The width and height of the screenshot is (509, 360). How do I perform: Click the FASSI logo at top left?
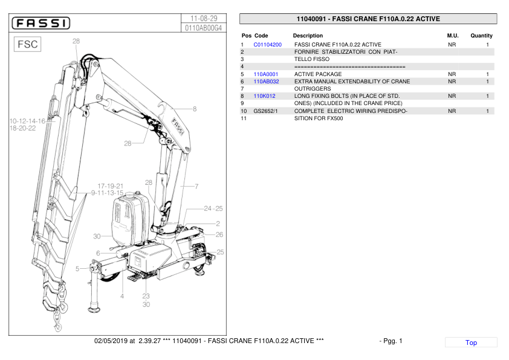coord(41,24)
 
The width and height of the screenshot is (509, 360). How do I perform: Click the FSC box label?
coord(28,45)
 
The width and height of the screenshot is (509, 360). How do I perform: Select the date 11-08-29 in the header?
coord(204,18)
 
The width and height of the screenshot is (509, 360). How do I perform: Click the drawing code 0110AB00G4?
coord(204,28)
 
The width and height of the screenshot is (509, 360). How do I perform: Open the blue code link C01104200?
coord(267,45)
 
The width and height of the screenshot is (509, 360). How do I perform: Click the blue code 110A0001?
coord(265,74)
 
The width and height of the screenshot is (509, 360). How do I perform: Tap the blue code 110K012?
coord(264,96)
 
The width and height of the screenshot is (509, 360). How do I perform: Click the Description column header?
coord(308,36)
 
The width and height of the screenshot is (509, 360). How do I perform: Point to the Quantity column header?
coord(481,36)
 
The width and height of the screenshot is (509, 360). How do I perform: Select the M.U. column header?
coord(452,36)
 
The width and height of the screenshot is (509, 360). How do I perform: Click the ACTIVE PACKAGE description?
coord(318,74)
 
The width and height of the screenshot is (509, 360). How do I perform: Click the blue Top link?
coord(471,342)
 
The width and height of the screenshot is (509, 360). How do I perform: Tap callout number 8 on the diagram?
coord(194,109)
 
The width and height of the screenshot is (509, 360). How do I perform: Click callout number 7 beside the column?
coord(196,186)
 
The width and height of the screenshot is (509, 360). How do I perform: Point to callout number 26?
coord(219,234)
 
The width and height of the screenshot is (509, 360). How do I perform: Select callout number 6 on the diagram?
coord(98,253)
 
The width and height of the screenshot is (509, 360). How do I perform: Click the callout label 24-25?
coord(213,208)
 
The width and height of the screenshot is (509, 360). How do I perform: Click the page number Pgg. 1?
coord(391,341)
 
